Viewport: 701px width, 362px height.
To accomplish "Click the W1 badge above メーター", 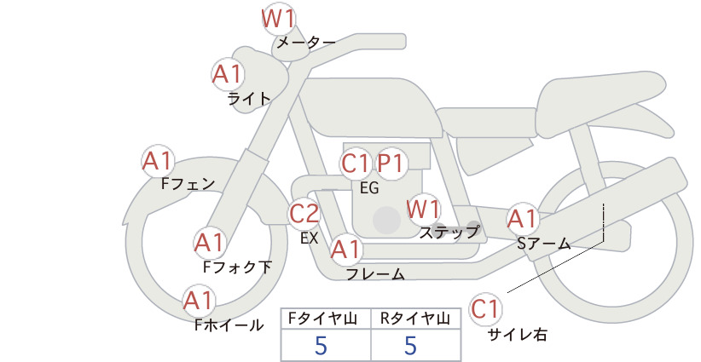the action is point(278,20).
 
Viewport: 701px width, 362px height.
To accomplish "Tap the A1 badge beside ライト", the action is point(228,74).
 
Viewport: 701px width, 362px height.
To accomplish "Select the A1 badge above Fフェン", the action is point(158,161).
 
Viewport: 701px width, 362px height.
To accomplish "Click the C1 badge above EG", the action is point(356,164).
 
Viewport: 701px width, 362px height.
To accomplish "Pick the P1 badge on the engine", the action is point(391,164).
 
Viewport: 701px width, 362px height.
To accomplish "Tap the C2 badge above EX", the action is point(304,213).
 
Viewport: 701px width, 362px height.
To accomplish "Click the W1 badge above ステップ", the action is point(423,209).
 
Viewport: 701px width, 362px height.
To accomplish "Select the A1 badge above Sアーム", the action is point(522,219).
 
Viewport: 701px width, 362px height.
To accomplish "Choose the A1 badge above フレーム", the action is point(345,250).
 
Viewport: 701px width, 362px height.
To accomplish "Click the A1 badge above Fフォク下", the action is point(209,244).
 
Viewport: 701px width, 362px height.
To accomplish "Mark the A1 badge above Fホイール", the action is point(199,301).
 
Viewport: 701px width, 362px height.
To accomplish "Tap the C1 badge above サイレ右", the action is point(485,309).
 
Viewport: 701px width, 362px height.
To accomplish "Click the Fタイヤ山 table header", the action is point(322,319).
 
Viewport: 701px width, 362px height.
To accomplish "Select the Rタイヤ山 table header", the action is point(414,319).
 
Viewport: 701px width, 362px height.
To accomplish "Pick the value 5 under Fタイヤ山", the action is point(321,345).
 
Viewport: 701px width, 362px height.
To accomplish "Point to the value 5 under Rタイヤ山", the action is point(410,345).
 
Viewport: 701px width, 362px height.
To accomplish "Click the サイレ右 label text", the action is point(518,335).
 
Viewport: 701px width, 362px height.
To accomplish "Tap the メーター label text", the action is point(306,43).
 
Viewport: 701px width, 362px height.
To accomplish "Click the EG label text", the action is point(369,188).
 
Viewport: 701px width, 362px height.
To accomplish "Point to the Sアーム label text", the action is point(543,244).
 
